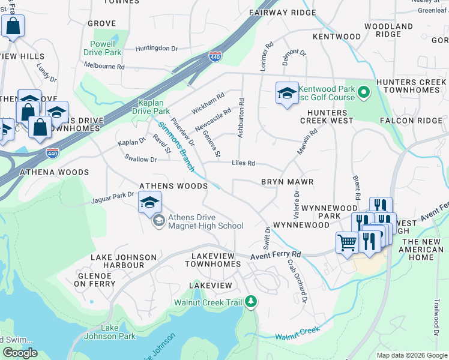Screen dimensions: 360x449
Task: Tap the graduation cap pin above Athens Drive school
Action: [x=150, y=202]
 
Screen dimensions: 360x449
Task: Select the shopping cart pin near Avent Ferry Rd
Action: [x=348, y=243]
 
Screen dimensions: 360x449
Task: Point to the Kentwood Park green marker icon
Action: [x=363, y=94]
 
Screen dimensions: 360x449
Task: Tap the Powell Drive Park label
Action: [x=106, y=48]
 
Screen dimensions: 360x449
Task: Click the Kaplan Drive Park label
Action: [x=154, y=107]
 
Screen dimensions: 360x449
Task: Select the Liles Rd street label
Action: [x=244, y=163]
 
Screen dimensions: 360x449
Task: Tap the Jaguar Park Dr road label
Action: [x=113, y=196]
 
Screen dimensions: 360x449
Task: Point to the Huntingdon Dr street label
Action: [x=157, y=49]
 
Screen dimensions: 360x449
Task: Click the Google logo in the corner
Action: [x=20, y=353]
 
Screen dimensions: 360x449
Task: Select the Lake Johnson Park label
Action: [x=110, y=332]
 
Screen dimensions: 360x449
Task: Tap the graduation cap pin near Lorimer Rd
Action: [x=287, y=93]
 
